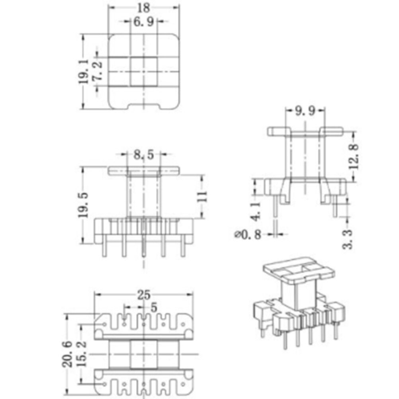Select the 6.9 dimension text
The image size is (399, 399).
click(143, 22)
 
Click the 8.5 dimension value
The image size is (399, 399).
click(144, 155)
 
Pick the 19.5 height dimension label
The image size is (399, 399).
click(83, 205)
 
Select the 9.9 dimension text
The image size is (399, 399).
click(305, 111)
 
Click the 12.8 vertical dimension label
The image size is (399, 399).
click(354, 156)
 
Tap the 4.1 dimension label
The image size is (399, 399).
click(255, 211)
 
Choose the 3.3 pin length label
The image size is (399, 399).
click(348, 239)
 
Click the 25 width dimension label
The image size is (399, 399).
click(144, 295)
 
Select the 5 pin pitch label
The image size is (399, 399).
click(154, 307)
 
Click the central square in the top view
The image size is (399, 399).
click(143, 72)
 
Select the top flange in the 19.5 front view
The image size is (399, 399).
click(144, 170)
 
